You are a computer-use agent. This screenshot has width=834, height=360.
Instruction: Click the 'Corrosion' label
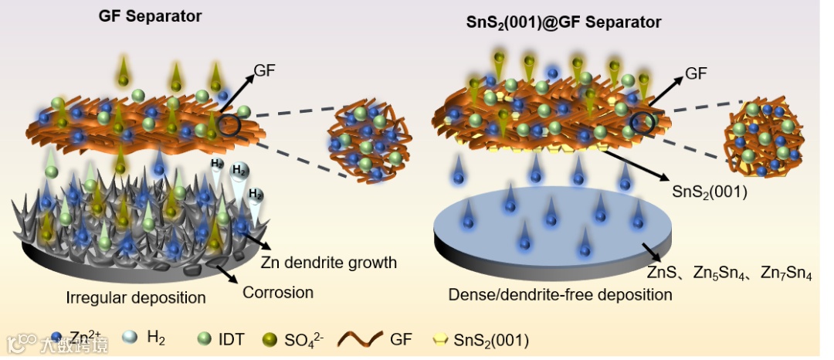(x=278, y=293)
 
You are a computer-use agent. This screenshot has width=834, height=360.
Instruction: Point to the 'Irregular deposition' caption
(x=135, y=297)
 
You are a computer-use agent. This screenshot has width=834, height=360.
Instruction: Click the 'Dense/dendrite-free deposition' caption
(x=560, y=294)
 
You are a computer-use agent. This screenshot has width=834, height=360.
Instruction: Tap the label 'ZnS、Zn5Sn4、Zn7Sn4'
(x=729, y=272)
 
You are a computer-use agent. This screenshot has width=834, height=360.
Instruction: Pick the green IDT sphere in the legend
(x=205, y=338)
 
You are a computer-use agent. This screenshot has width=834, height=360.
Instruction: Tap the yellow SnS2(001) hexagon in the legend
(x=441, y=338)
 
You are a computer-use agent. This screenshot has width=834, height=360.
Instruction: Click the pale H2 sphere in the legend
(x=131, y=338)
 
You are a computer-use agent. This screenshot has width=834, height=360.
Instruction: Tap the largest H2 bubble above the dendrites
(x=240, y=171)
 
